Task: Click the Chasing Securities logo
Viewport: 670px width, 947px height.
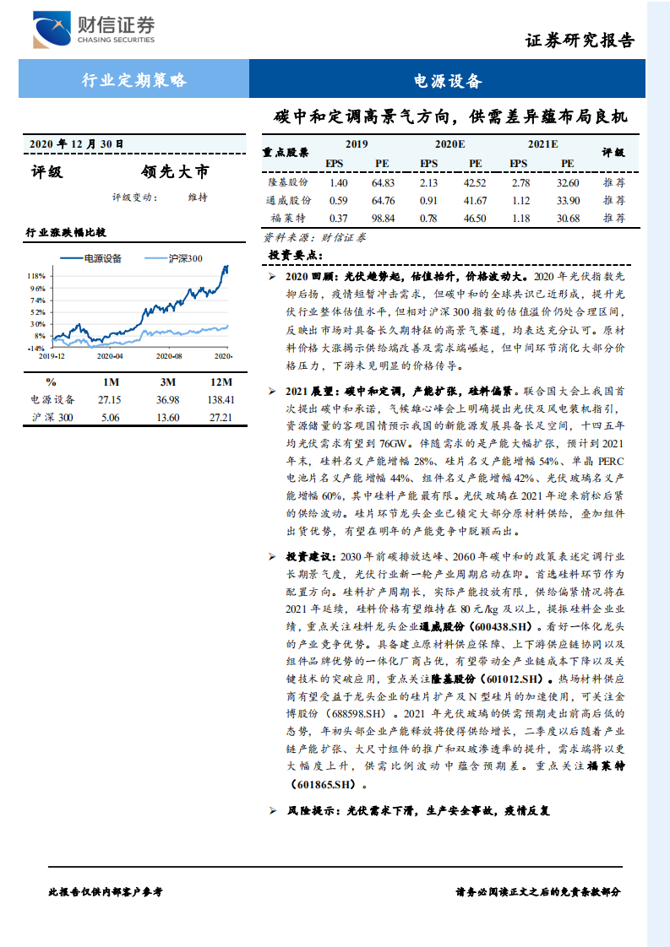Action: pyautogui.click(x=95, y=30)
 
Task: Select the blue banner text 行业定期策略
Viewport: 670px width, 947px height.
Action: pyautogui.click(x=134, y=81)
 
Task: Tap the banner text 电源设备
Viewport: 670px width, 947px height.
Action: pyautogui.click(x=448, y=81)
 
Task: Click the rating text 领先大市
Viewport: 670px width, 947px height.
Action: pyautogui.click(x=175, y=172)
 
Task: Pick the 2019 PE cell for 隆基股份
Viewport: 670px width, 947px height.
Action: pyautogui.click(x=383, y=183)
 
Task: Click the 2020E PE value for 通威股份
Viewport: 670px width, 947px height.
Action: pyautogui.click(x=475, y=201)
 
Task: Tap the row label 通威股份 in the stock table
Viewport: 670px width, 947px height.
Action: pyautogui.click(x=288, y=201)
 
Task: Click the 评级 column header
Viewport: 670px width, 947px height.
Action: pyautogui.click(x=613, y=153)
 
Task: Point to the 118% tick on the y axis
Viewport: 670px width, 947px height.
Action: pyautogui.click(x=35, y=276)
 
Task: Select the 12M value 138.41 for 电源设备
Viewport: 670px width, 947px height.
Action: pyautogui.click(x=218, y=399)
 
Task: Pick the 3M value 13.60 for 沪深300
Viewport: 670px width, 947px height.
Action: pyautogui.click(x=168, y=417)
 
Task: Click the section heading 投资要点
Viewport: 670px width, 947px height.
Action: pyautogui.click(x=295, y=255)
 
